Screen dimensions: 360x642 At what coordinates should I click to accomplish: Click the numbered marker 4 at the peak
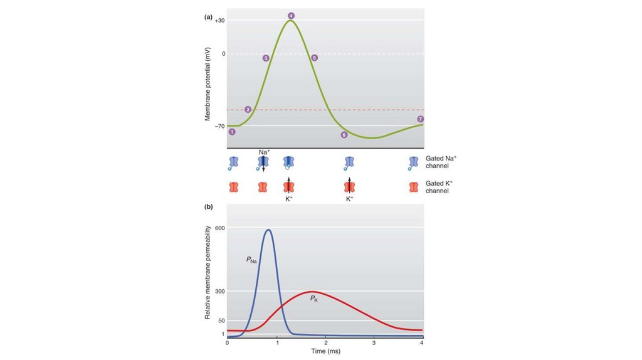(291, 15)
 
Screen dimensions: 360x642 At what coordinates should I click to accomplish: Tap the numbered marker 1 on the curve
(232, 132)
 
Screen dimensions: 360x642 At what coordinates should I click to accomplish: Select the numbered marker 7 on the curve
(420, 119)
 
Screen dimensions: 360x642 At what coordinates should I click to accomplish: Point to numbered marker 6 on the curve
(344, 135)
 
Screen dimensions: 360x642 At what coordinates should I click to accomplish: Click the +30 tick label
(219, 21)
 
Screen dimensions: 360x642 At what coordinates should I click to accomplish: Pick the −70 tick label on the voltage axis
(219, 126)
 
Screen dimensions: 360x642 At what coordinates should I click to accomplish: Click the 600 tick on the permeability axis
(219, 228)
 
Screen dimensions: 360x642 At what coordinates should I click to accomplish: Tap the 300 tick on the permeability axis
(219, 292)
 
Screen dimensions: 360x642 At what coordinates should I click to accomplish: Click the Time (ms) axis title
(325, 352)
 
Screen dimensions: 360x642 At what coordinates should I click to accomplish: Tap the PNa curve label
(251, 258)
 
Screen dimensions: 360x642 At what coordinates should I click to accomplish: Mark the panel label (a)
(208, 17)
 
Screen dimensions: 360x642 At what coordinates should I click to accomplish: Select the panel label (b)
(208, 206)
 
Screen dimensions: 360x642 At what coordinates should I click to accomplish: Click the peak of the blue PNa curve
(268, 230)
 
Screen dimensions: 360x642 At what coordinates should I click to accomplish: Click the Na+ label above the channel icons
(264, 152)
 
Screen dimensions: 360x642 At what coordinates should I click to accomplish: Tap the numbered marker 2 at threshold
(248, 110)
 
